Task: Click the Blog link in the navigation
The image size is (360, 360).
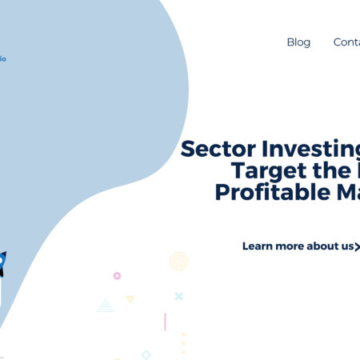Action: point(298,42)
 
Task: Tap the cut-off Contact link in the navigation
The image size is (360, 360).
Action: point(346,42)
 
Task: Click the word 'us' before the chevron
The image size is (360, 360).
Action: point(349,246)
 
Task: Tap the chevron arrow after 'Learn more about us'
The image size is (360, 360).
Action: point(358,246)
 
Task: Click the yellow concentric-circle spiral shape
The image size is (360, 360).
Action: point(178,261)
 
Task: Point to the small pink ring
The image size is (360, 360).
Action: point(117,276)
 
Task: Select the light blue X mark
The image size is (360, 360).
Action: point(179,296)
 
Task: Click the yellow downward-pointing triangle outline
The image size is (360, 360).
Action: point(130,299)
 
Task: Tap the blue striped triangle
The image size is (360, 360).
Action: point(106,305)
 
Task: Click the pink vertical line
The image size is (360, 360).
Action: point(165,322)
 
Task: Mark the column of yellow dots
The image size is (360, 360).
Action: point(183,342)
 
